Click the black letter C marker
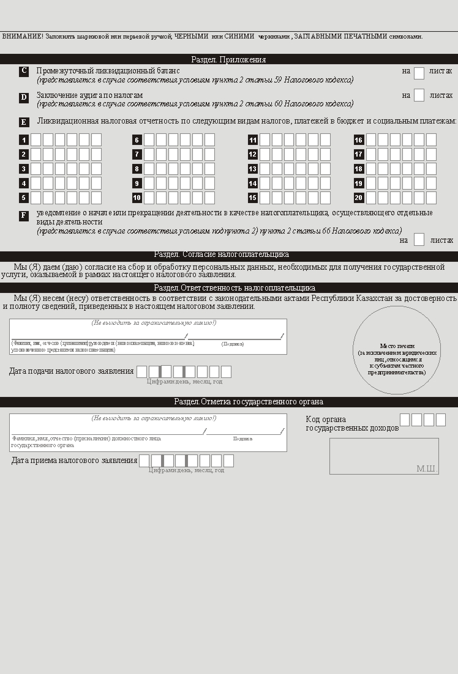pyautogui.click(x=24, y=71)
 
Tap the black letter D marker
pyautogui.click(x=24, y=97)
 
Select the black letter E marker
pyautogui.click(x=24, y=122)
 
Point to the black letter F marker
pyautogui.click(x=24, y=216)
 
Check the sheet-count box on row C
pyautogui.click(x=419, y=73)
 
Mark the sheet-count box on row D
pyautogui.click(x=419, y=95)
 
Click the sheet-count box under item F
pyautogui.click(x=419, y=240)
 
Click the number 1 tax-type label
pyautogui.click(x=24, y=140)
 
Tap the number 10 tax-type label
pyautogui.click(x=137, y=198)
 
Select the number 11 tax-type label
pyautogui.click(x=252, y=140)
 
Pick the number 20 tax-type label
pyautogui.click(x=359, y=198)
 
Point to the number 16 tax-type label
pyautogui.click(x=359, y=140)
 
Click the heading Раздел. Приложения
pyautogui.click(x=228, y=59)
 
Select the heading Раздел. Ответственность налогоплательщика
pyautogui.click(x=235, y=287)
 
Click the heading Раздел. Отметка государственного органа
pyautogui.click(x=249, y=402)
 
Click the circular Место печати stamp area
pyautogui.click(x=397, y=350)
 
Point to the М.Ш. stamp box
pyautogui.click(x=384, y=456)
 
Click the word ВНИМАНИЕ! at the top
pyautogui.click(x=22, y=36)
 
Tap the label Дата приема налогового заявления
pyautogui.click(x=74, y=461)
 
